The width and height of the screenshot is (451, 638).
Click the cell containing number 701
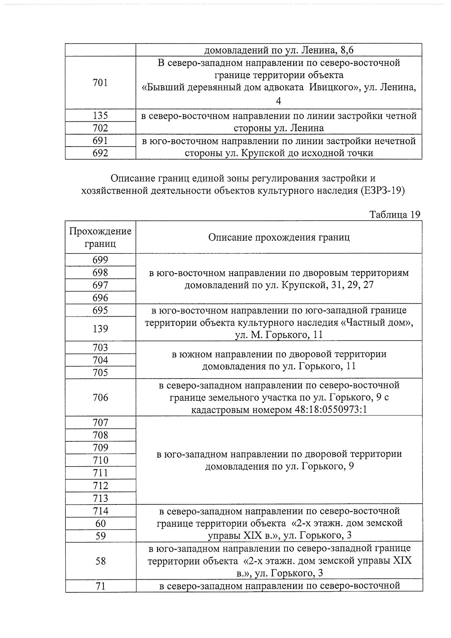pos(100,83)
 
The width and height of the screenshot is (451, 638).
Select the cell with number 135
pos(100,116)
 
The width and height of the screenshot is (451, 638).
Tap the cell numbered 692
pos(100,153)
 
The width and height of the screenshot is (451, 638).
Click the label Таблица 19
pos(395,215)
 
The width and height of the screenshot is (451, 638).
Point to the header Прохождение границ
pos(100,237)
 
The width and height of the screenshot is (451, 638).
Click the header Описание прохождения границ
pos(279,237)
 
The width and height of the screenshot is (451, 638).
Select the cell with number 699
pos(100,260)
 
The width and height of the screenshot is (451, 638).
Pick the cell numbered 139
pos(100,329)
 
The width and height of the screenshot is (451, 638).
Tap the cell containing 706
pos(100,397)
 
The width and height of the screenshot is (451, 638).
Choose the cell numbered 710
pos(100,460)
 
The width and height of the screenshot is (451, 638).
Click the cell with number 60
pos(100,523)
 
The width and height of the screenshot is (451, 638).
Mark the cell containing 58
pos(100,561)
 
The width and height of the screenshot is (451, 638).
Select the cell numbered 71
pos(100,586)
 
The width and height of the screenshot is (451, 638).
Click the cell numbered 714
pos(100,511)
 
